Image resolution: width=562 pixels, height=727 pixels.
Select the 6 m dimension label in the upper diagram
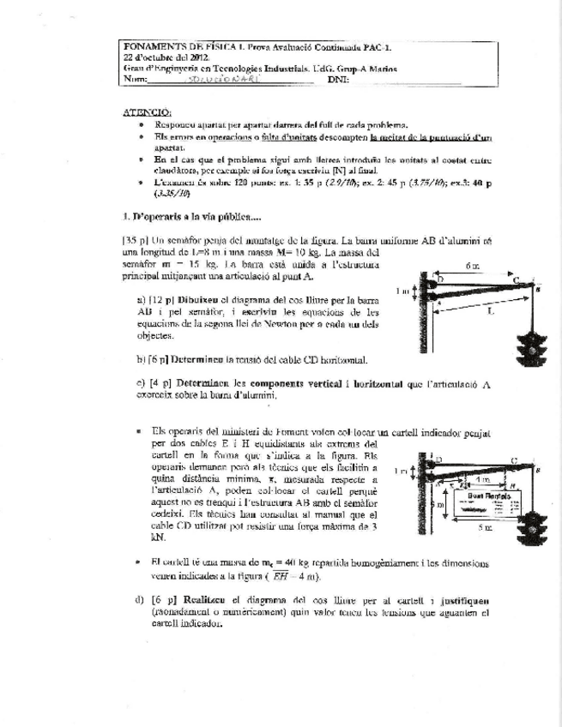point(472,267)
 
